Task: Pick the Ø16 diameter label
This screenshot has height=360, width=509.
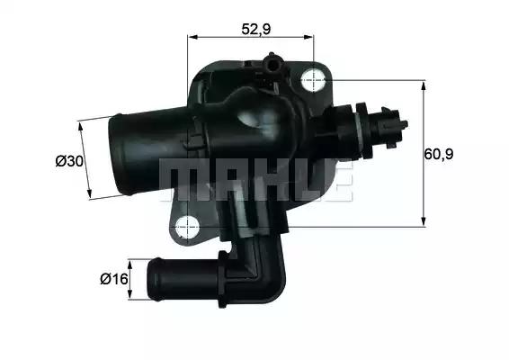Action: [112, 278]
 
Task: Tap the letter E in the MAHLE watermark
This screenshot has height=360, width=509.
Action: [335, 181]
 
